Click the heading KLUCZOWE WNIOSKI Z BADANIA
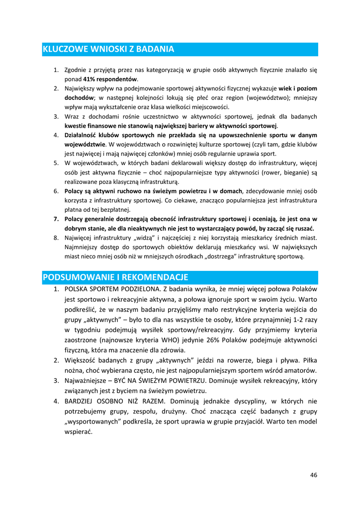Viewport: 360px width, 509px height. (x=108, y=49)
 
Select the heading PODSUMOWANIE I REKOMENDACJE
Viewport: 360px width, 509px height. (x=115, y=277)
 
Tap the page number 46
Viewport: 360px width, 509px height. (x=313, y=475)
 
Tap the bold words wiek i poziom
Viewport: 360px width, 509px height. (x=297, y=88)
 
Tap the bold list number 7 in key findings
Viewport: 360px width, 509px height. (x=56, y=219)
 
